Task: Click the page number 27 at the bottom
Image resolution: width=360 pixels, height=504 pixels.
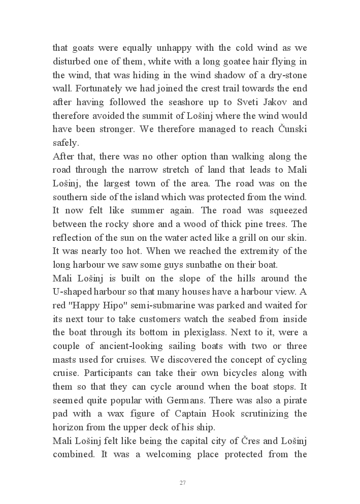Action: coord(182,483)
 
